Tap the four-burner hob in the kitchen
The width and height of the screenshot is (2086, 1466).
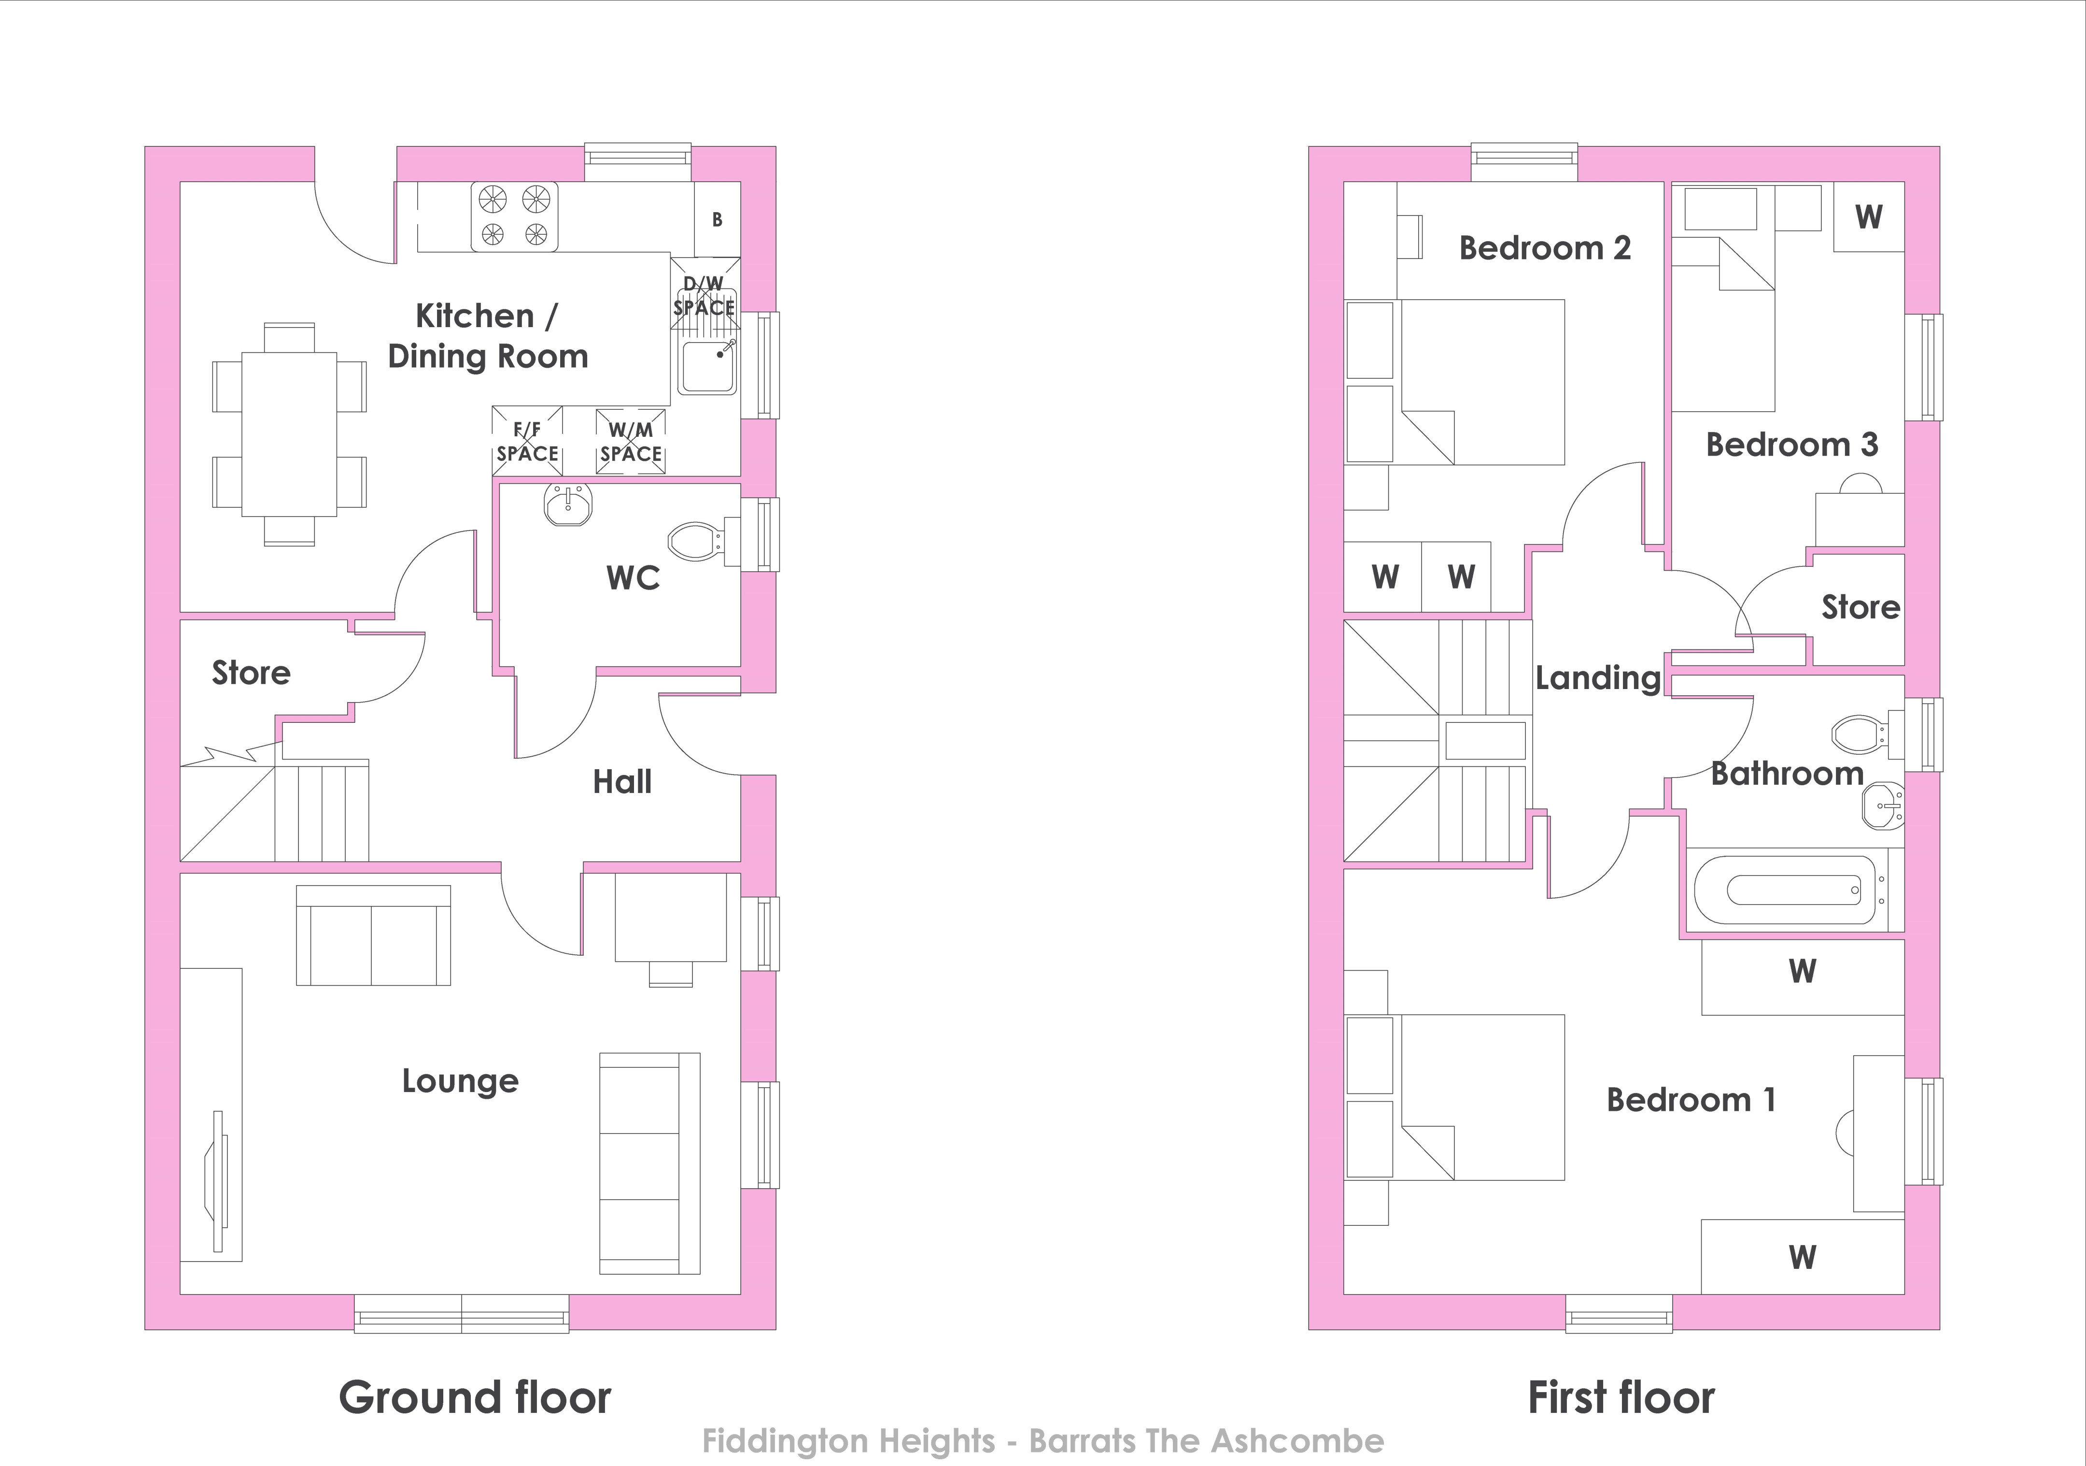(x=514, y=216)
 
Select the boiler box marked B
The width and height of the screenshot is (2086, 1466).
(x=718, y=219)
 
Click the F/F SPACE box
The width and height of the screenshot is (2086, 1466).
(x=527, y=441)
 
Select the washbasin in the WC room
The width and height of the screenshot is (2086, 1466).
(x=569, y=504)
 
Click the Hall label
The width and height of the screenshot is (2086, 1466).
(x=622, y=782)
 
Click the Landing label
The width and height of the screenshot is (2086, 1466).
(x=1598, y=678)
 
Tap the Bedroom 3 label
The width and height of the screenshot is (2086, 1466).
(x=1791, y=445)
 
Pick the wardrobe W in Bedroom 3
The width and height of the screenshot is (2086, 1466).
(x=1869, y=216)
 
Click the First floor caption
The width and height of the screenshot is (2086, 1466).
(x=1622, y=1398)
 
